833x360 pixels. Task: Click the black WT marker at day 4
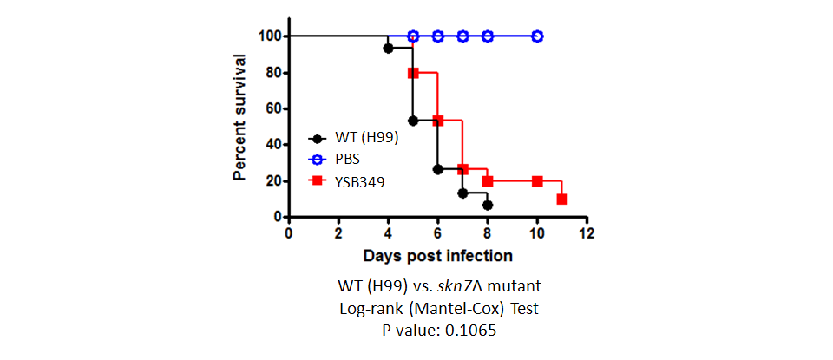pos(388,48)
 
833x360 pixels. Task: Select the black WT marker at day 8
pos(487,205)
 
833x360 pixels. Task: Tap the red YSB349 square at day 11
pos(562,200)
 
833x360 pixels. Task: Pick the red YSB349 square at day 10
pos(537,181)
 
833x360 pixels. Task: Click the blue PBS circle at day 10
pos(537,36)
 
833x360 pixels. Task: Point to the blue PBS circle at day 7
pos(462,36)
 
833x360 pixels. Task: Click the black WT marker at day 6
pos(437,169)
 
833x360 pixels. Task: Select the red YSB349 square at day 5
pos(413,73)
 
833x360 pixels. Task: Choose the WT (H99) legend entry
pos(352,139)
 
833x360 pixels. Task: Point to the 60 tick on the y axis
pos(285,108)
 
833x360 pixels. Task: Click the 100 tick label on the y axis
pos(270,36)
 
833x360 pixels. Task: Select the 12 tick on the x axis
pos(587,219)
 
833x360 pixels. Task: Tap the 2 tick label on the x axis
pos(338,233)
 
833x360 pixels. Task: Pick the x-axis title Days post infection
pos(437,256)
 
